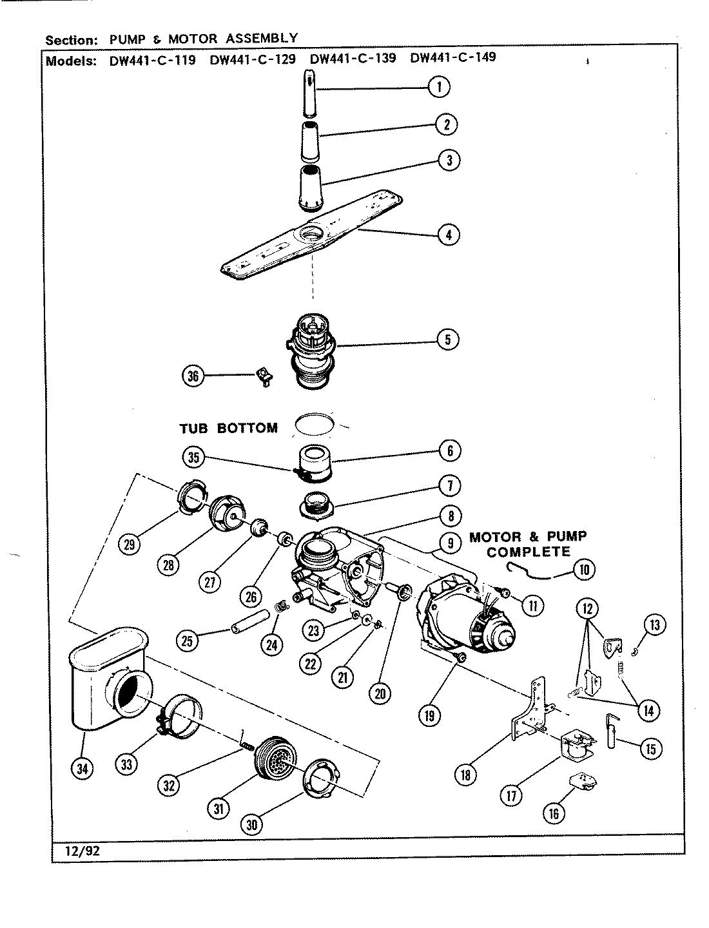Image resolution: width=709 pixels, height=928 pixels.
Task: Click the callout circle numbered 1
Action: click(x=439, y=86)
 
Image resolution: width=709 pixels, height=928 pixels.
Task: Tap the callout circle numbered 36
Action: click(x=193, y=376)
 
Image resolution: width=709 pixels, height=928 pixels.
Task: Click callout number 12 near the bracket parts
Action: click(x=588, y=608)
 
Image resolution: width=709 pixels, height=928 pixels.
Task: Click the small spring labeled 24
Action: click(x=281, y=606)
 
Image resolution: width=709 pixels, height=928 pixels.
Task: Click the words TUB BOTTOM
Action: click(x=228, y=428)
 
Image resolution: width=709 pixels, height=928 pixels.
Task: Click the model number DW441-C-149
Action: click(x=452, y=58)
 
